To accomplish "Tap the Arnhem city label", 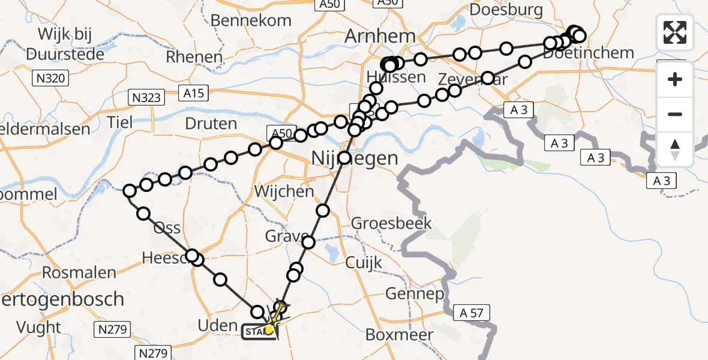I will pos(380,36).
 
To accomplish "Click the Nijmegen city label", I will pos(355,159).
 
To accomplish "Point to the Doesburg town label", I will pos(506,10).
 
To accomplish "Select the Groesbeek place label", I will pos(391,223).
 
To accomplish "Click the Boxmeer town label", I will pos(399,335).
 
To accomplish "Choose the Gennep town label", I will pos(415,294).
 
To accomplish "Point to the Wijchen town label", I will pos(284,192).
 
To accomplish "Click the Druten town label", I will pos(212,124).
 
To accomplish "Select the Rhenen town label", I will pos(194,57).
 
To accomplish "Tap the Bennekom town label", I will pos(251,20).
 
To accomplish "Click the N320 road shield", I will pos(52,78).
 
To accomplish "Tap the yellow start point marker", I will pos(269,329).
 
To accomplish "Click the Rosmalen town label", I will pos(79,273).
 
